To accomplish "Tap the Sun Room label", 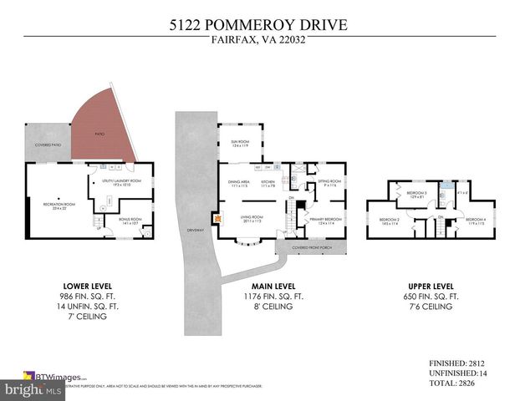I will (x=241, y=143).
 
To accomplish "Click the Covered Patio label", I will (x=48, y=145).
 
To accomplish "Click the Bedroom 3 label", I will (x=416, y=194).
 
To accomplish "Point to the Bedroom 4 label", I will (x=476, y=220).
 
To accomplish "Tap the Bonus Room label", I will (x=130, y=221).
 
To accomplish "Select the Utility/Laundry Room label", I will (x=122, y=181).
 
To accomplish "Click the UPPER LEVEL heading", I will (x=427, y=285).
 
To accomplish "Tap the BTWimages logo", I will (x=59, y=377).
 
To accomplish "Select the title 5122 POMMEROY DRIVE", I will (x=259, y=26).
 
